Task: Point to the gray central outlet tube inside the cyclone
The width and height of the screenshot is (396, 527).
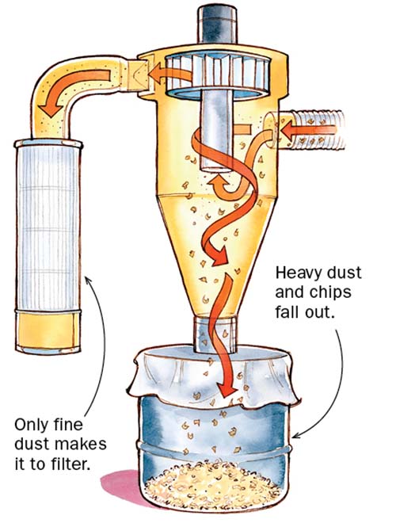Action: [215, 135]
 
